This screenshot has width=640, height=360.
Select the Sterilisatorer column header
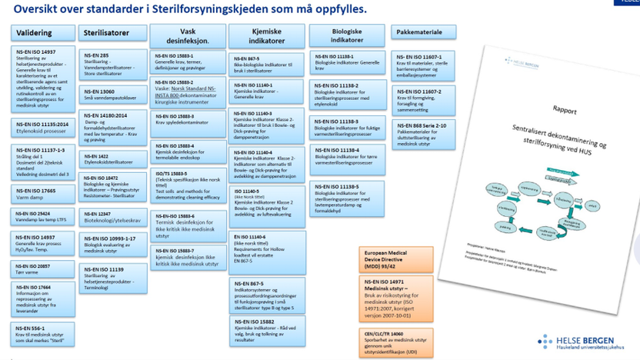pos(112,32)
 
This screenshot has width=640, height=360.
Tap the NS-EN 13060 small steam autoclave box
pos(112,95)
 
